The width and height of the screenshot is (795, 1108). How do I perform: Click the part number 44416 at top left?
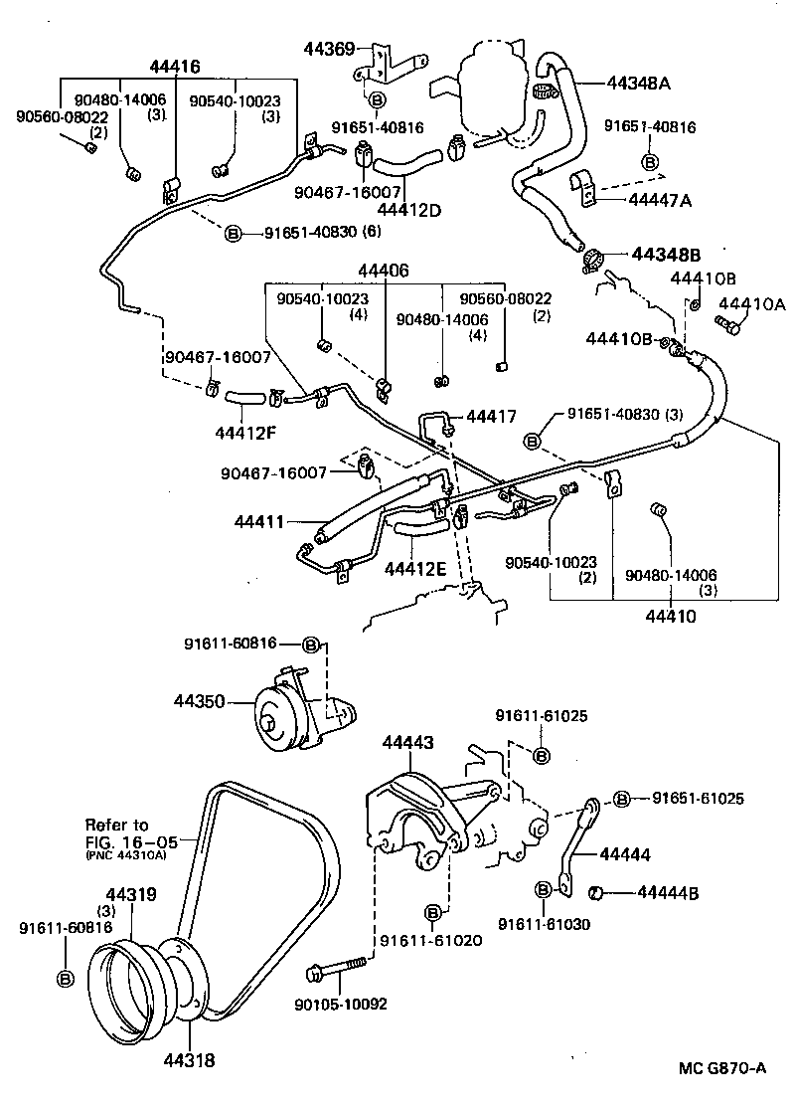tap(175, 68)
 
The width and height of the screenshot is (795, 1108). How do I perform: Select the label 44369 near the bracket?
tap(331, 47)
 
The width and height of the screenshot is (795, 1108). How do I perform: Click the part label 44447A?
tap(660, 200)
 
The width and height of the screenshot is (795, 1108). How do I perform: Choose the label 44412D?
tap(409, 210)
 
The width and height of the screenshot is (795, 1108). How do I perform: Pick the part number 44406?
tap(384, 271)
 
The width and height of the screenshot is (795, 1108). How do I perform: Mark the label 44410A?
tap(751, 304)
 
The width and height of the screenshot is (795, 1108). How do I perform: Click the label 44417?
tap(492, 417)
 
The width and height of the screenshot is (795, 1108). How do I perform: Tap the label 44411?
tap(259, 521)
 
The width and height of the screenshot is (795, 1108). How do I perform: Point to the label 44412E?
tap(415, 568)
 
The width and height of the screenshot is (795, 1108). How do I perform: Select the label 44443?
tap(407, 742)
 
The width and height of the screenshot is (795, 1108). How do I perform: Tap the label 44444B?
tap(668, 892)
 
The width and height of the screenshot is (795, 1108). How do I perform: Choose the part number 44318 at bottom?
tap(189, 1060)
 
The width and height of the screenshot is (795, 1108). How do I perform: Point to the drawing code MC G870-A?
tap(722, 1068)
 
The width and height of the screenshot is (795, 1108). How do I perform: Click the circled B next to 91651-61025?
tap(621, 799)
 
